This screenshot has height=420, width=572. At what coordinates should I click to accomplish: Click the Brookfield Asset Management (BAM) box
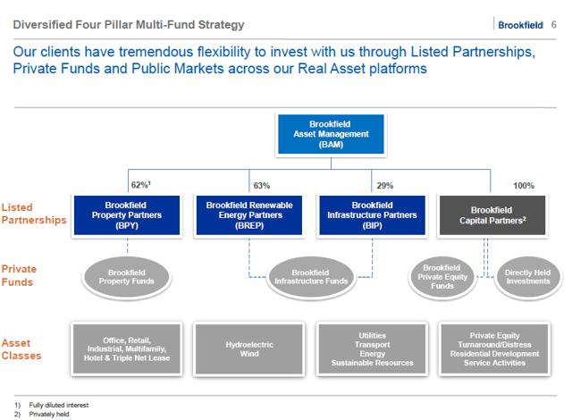pyautogui.click(x=331, y=134)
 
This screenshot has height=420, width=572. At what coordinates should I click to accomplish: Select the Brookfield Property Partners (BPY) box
pyautogui.click(x=127, y=215)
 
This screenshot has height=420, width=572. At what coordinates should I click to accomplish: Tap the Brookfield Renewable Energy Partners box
pyautogui.click(x=249, y=215)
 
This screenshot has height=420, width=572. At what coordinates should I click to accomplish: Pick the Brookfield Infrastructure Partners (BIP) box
pyautogui.click(x=372, y=215)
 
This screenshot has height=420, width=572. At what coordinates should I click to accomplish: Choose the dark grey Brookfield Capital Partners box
pyautogui.click(x=492, y=215)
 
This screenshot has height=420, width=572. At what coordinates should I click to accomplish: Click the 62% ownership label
pyautogui.click(x=141, y=185)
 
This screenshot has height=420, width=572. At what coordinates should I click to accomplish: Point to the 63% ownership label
pyautogui.click(x=262, y=186)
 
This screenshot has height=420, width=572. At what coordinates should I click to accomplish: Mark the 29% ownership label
pyautogui.click(x=385, y=186)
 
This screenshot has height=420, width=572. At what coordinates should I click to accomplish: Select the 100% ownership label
pyautogui.click(x=524, y=186)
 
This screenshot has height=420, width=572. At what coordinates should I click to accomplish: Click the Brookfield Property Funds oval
pyautogui.click(x=127, y=277)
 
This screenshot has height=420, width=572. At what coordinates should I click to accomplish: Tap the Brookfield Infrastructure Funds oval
pyautogui.click(x=311, y=277)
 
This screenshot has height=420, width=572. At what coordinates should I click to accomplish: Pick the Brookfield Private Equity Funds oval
pyautogui.click(x=442, y=277)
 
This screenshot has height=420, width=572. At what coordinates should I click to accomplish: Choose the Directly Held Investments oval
pyautogui.click(x=528, y=277)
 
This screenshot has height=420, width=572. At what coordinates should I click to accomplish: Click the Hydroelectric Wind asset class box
pyautogui.click(x=249, y=349)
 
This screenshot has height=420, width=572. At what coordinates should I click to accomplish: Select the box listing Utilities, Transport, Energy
pyautogui.click(x=372, y=349)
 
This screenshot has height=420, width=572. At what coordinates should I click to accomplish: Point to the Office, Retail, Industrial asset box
pyautogui.click(x=127, y=349)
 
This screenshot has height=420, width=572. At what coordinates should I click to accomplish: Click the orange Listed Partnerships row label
pyautogui.click(x=34, y=214)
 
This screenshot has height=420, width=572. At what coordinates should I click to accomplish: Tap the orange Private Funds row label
pyautogui.click(x=19, y=275)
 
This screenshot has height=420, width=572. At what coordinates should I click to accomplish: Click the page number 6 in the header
pyautogui.click(x=553, y=24)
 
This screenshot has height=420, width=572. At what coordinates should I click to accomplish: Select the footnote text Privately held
pyautogui.click(x=49, y=414)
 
